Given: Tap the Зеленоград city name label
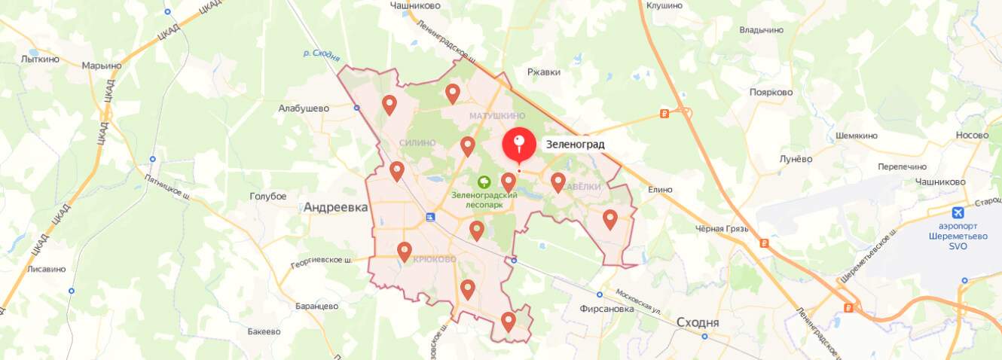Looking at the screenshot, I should (575, 144).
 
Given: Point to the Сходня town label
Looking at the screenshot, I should (698, 322).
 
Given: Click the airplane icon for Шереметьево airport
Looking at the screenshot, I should (958, 212).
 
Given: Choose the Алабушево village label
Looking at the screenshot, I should (304, 108).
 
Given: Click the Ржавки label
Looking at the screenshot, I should (544, 72).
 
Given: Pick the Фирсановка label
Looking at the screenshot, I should (607, 308).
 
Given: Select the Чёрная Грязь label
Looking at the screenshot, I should (719, 228).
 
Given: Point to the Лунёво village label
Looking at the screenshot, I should (796, 159).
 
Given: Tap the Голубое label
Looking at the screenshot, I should (268, 197).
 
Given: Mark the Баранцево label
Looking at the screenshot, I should (317, 306).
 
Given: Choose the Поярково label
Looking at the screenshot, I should (771, 92).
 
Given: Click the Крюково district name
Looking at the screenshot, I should (435, 259).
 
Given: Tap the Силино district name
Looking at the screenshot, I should (417, 142).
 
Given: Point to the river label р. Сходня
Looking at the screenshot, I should (322, 55).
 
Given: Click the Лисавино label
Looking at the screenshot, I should (46, 269).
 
